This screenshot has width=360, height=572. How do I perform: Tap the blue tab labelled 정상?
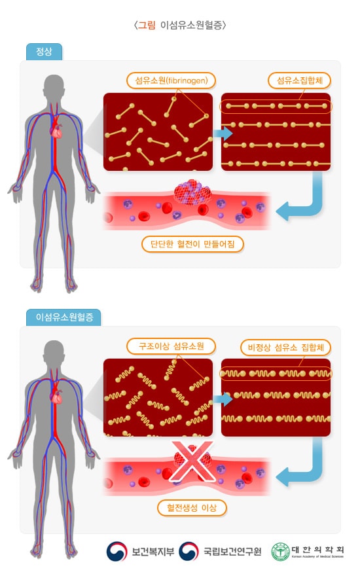44,52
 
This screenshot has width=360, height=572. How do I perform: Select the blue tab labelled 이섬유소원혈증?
63,317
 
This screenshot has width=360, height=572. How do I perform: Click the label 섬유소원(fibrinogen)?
171,80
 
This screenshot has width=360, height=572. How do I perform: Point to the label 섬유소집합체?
299,80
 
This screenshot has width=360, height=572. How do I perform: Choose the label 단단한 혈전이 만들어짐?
192,244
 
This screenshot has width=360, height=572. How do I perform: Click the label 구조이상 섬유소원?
171,346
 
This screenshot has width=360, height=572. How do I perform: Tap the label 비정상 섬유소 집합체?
285,348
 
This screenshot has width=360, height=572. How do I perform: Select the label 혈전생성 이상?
192,508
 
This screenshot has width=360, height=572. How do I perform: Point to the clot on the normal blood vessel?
193,192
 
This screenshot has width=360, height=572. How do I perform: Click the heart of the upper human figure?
57,131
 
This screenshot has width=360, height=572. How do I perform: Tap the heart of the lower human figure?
57,397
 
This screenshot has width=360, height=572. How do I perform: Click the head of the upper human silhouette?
54,88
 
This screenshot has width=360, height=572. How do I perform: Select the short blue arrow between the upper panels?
223,133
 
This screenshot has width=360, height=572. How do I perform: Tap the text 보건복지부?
153,552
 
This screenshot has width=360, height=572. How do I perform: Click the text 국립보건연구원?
232,552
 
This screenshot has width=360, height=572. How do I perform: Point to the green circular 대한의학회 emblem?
281,552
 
